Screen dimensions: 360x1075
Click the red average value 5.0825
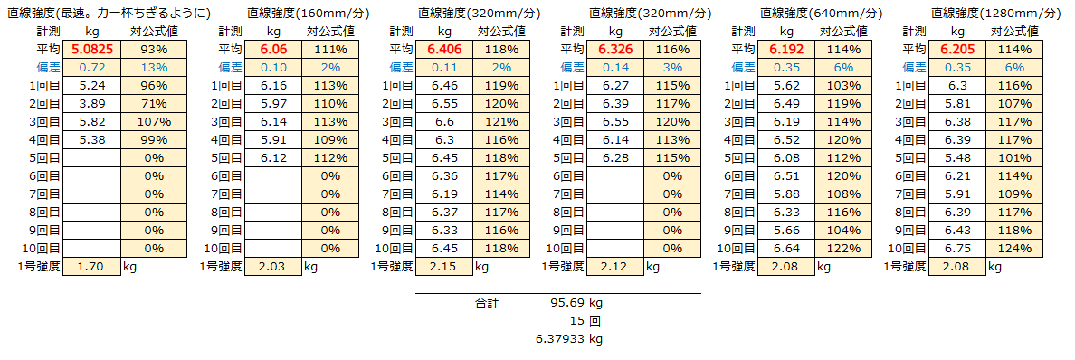coord(91,50)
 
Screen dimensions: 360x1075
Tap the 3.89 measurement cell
coord(91,104)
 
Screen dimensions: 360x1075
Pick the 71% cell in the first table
coord(151,104)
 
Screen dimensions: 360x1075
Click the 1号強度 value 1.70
coord(91,267)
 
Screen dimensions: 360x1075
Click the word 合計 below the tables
coord(487,303)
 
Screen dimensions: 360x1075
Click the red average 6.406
coord(444,50)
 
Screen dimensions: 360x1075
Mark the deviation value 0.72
coord(91,68)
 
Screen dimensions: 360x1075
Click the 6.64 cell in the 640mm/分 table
coord(785,249)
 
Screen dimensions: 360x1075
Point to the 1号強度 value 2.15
coord(444,267)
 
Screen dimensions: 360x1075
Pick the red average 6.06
coord(272,50)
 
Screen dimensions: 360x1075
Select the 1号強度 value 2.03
coord(272,267)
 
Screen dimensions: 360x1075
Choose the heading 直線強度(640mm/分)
coord(821,14)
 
